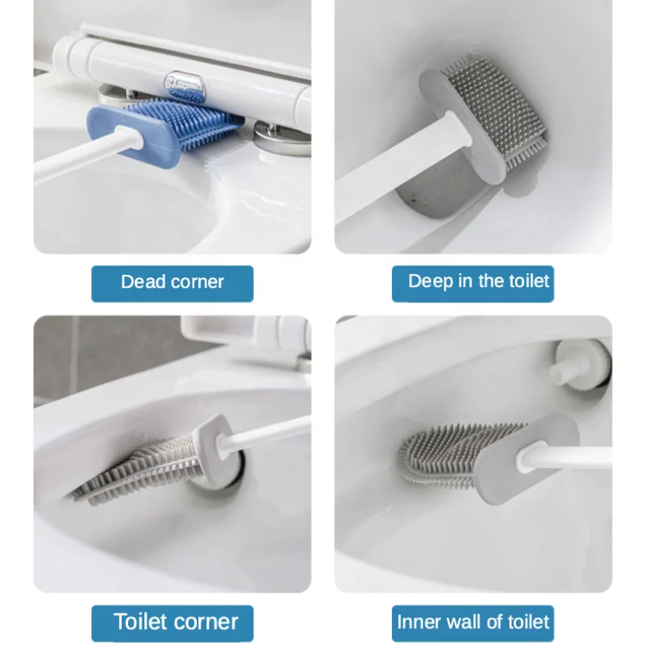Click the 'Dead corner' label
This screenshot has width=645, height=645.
pos(172,283)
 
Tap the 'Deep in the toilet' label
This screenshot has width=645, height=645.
pos(472,283)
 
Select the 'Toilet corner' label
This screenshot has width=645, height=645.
pos(172,622)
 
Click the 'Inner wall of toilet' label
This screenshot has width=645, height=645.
pos(472,622)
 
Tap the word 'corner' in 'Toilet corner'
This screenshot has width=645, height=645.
pos(205,622)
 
